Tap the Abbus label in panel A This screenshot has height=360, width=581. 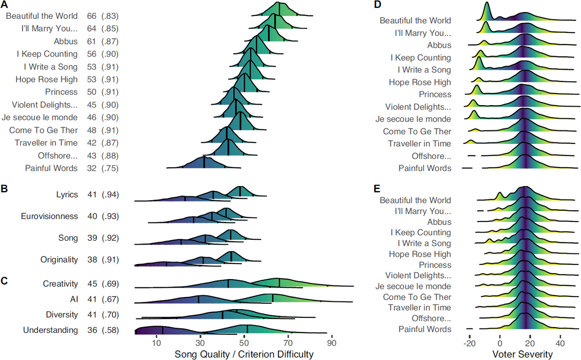pyautogui.click(x=66, y=42)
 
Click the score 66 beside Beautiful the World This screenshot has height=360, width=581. pyautogui.click(x=92, y=16)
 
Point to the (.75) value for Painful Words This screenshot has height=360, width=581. pyautogui.click(x=110, y=168)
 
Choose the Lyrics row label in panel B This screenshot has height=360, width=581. pyautogui.click(x=67, y=195)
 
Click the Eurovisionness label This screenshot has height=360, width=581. pyautogui.click(x=49, y=216)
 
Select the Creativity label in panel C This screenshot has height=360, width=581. pyautogui.click(x=60, y=284)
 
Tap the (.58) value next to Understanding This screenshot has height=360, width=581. pyautogui.click(x=110, y=330)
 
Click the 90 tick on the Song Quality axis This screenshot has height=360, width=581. pyautogui.click(x=332, y=344)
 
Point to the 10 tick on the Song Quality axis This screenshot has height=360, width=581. pyautogui.click(x=156, y=344)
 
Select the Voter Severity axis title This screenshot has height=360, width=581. pyautogui.click(x=515, y=354)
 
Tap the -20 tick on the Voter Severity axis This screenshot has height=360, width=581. pyautogui.click(x=469, y=344)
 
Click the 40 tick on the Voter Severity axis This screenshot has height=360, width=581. pyautogui.click(x=560, y=344)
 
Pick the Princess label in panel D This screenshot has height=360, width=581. pyautogui.click(x=435, y=94)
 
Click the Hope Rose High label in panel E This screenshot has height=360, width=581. pyautogui.click(x=420, y=254)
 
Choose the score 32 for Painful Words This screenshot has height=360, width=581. pyautogui.click(x=92, y=168)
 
